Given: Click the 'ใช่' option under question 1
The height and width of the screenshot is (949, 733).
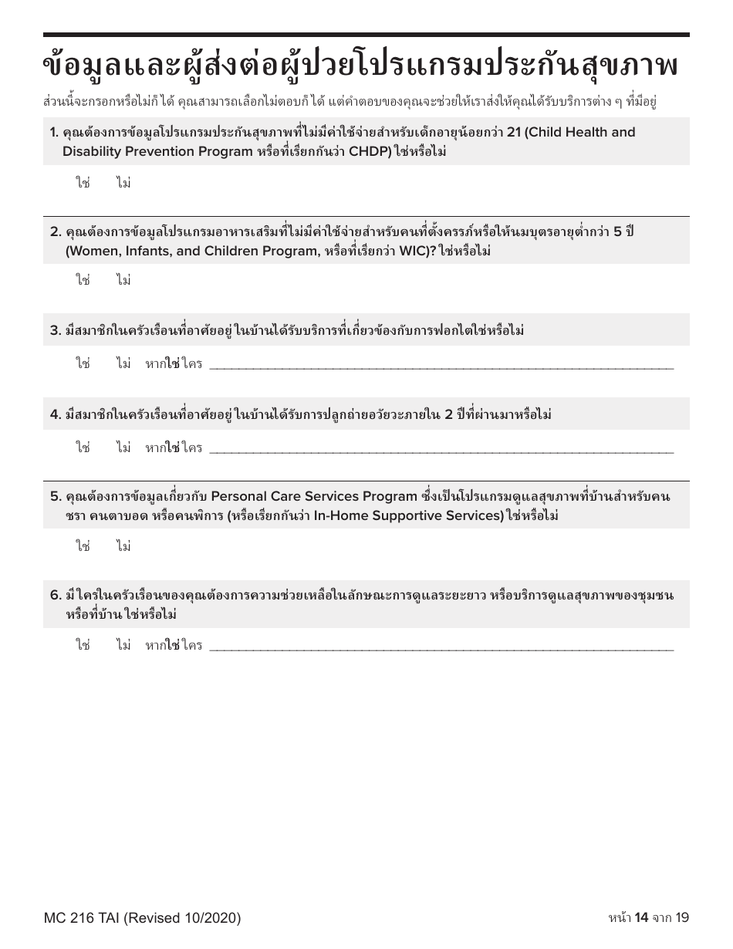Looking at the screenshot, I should [x=83, y=184].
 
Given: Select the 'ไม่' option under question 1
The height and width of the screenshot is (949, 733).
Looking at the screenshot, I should [x=123, y=184].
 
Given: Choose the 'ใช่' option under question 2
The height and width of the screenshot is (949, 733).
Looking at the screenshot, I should [x=83, y=281].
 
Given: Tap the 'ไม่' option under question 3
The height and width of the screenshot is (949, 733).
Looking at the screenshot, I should [x=123, y=363].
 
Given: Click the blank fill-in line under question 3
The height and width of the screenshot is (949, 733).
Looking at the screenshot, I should [x=441, y=365].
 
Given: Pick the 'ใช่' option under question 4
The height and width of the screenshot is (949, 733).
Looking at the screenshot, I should [x=83, y=447].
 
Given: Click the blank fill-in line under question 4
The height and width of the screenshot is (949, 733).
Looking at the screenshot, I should [x=441, y=449].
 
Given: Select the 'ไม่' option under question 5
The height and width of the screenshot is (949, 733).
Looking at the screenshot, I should [x=123, y=546].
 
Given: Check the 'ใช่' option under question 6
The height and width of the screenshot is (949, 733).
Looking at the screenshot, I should [x=83, y=645].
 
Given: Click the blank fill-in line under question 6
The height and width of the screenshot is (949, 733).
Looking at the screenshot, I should [x=441, y=647].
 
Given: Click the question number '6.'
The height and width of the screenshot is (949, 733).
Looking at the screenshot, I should [x=56, y=595].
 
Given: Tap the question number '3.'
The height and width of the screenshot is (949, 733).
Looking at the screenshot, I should [x=56, y=331].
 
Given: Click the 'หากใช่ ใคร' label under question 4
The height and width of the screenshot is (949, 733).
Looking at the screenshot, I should [x=174, y=447].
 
